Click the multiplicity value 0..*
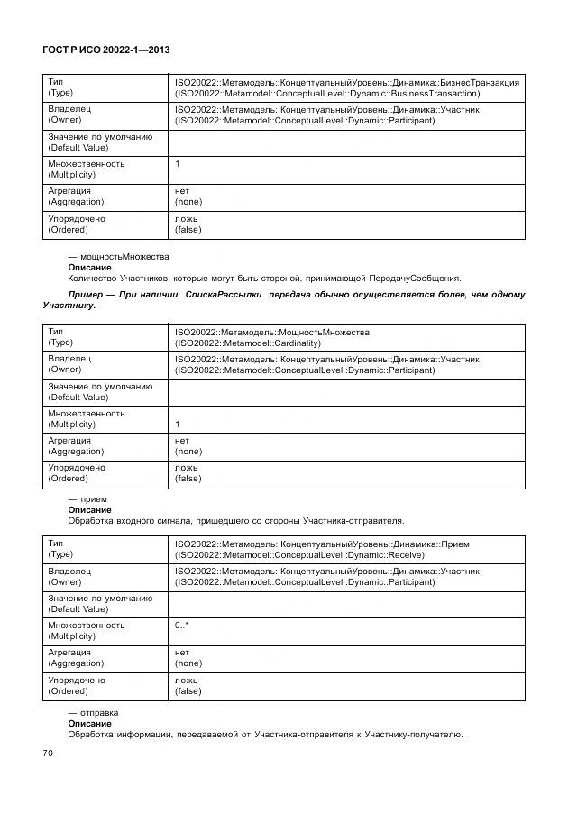tap(181, 625)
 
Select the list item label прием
tap(94, 498)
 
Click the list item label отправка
tap(99, 712)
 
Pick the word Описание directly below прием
tap(90, 509)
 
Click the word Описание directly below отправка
tap(90, 723)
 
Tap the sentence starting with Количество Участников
tap(264, 278)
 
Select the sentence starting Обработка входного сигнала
tap(236, 520)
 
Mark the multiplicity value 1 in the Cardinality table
tap(178, 424)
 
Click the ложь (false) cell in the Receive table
tap(188, 685)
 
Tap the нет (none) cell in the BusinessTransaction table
tap(188, 197)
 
